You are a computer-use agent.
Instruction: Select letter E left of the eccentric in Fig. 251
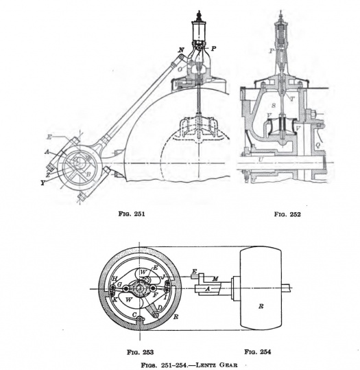(49, 137)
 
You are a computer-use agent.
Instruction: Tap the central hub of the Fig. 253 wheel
(139, 288)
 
